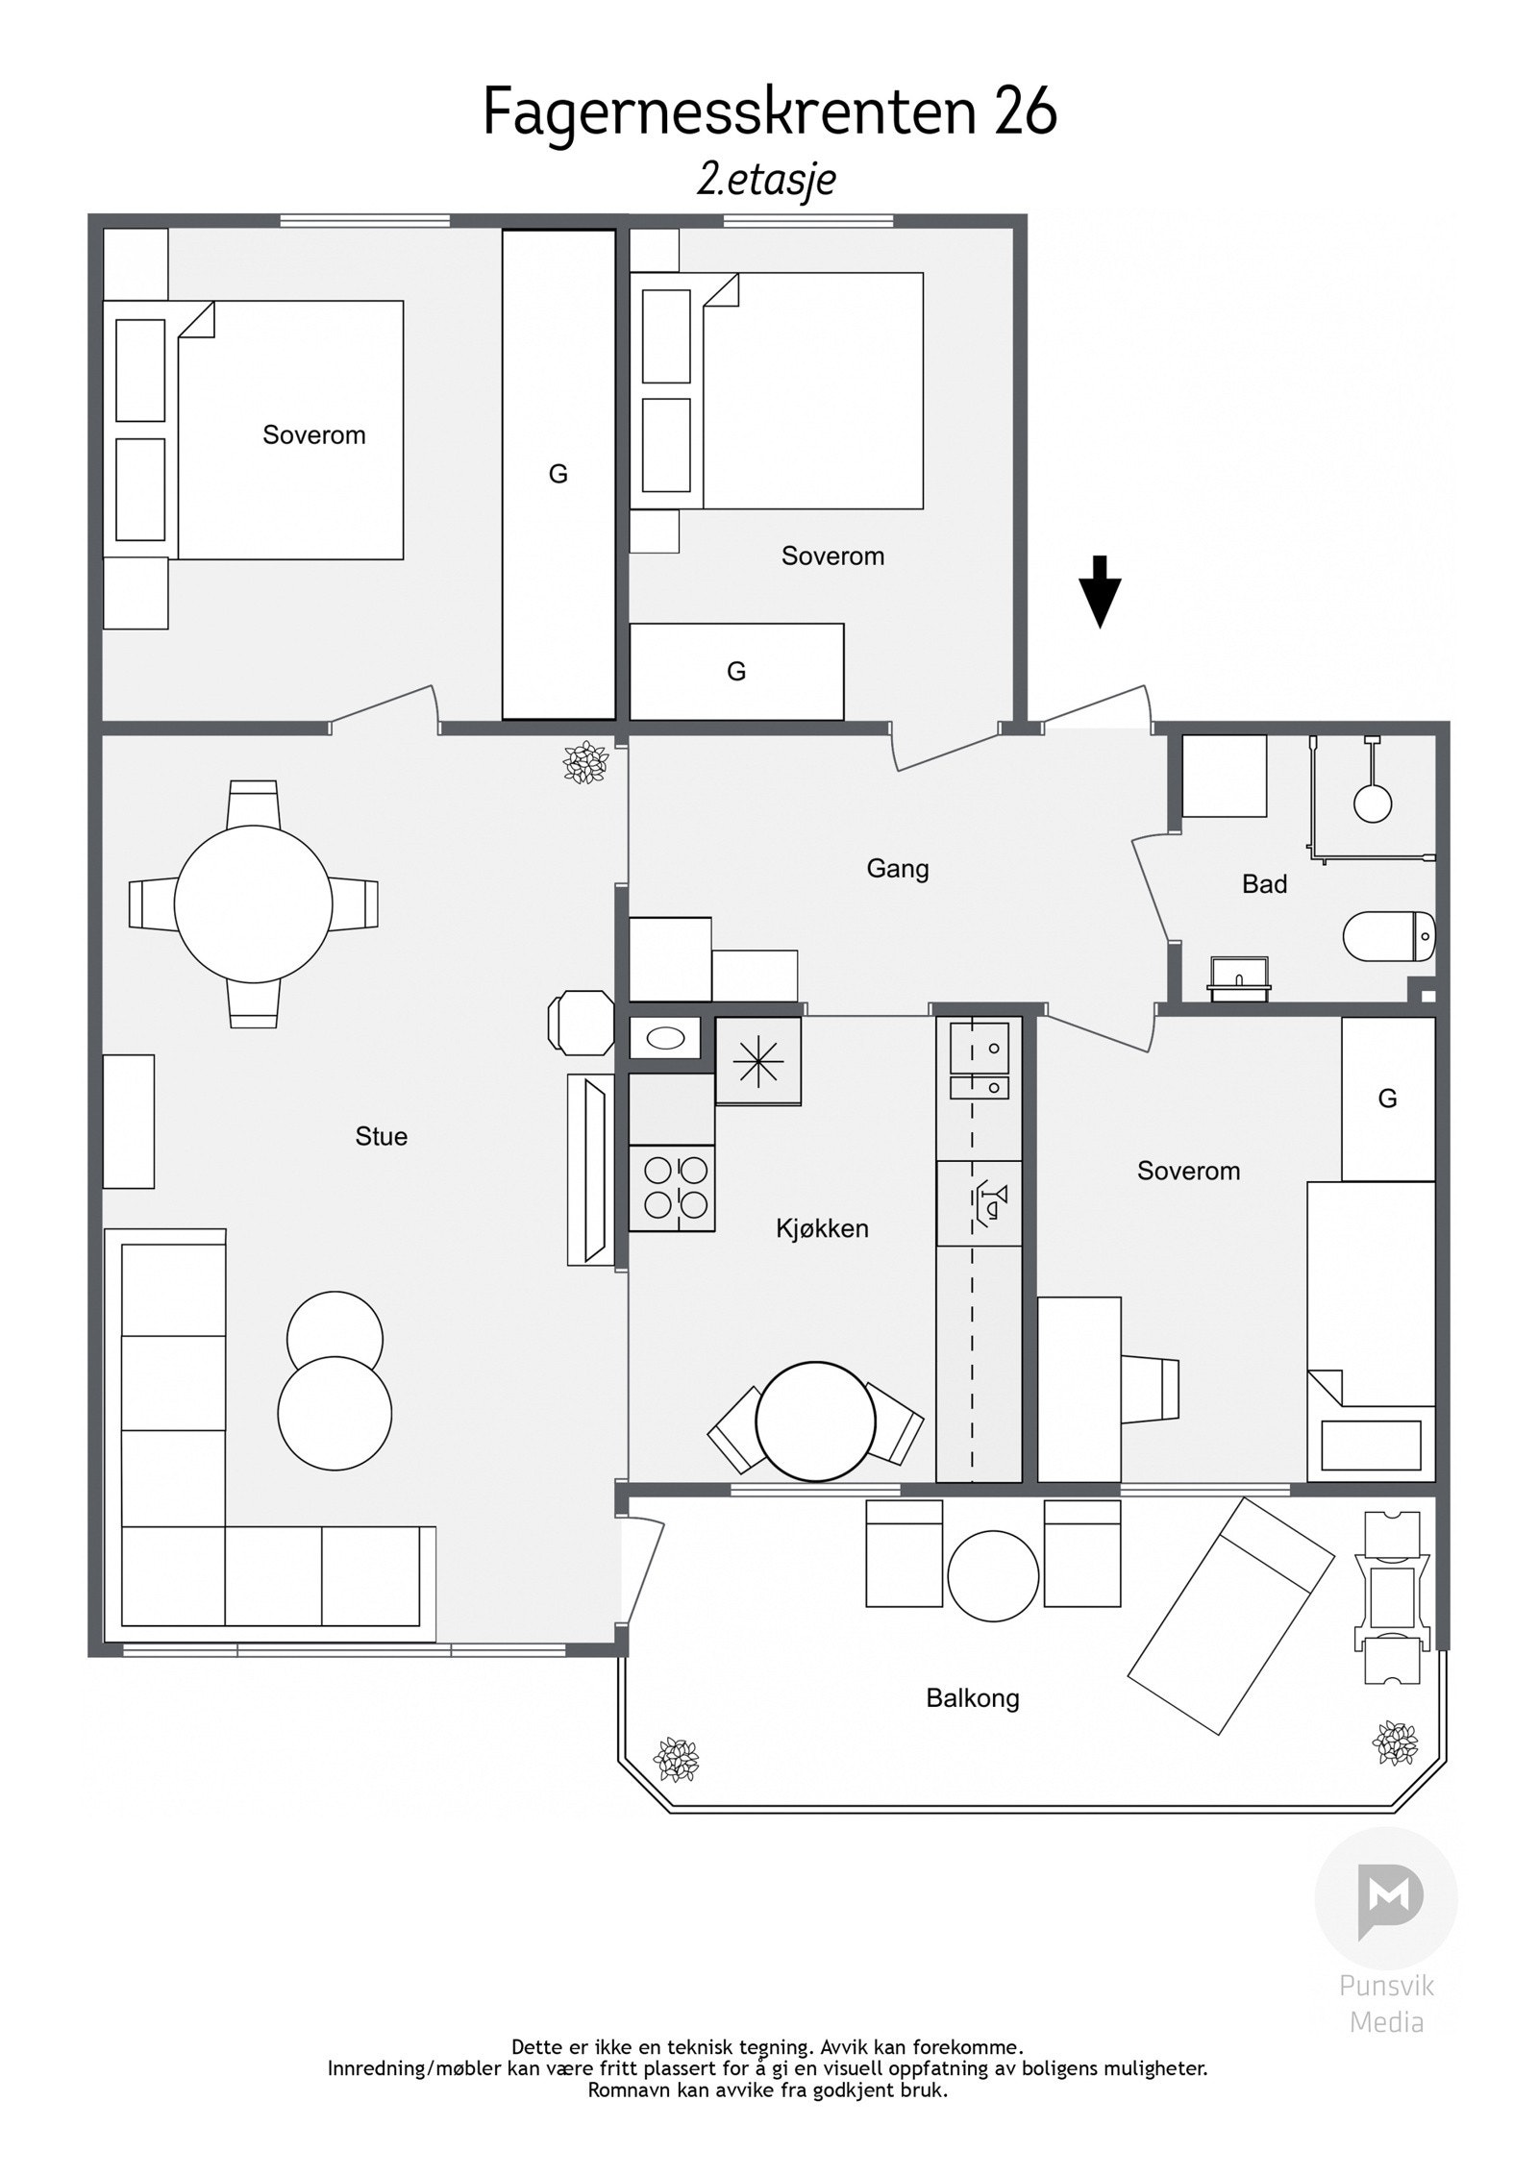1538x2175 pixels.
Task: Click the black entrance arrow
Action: click(1100, 592)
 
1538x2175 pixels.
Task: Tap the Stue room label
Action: click(382, 1137)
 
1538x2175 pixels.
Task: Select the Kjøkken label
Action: click(823, 1228)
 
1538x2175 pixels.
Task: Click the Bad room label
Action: click(1264, 884)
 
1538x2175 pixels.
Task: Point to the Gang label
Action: click(898, 870)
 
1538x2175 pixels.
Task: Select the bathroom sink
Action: click(1240, 973)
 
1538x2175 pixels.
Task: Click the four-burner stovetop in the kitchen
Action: click(672, 1190)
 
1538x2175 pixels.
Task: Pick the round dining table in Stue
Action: click(253, 904)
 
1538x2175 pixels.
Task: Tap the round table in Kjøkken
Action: click(816, 1421)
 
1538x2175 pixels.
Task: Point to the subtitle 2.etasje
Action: click(766, 180)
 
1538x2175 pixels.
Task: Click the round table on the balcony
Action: click(993, 1576)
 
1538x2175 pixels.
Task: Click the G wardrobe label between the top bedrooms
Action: click(558, 474)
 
